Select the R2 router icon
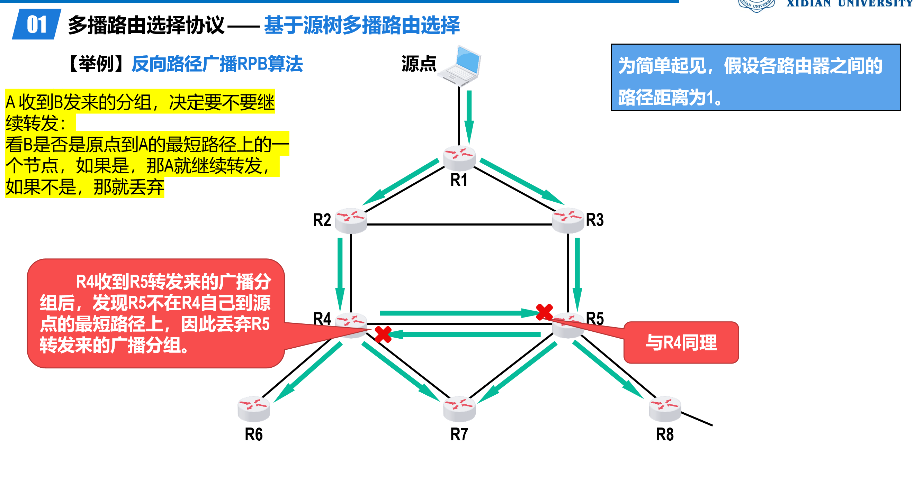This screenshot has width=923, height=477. (x=351, y=220)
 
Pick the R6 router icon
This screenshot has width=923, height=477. (x=254, y=409)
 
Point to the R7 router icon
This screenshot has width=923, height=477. (x=459, y=409)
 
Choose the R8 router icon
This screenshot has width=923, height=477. (x=665, y=409)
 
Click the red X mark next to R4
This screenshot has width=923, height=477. (x=383, y=334)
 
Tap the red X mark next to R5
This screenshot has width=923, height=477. (x=544, y=312)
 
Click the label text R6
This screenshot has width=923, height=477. (x=254, y=434)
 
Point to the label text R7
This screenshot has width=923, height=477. (x=459, y=434)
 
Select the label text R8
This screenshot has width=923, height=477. (x=665, y=434)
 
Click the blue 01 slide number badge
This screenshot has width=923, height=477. (x=37, y=24)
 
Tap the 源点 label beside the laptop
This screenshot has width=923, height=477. (x=419, y=64)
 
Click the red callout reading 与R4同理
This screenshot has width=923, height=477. (x=681, y=342)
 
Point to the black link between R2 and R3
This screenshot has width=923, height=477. (x=459, y=224)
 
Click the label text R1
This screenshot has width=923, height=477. (x=459, y=180)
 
